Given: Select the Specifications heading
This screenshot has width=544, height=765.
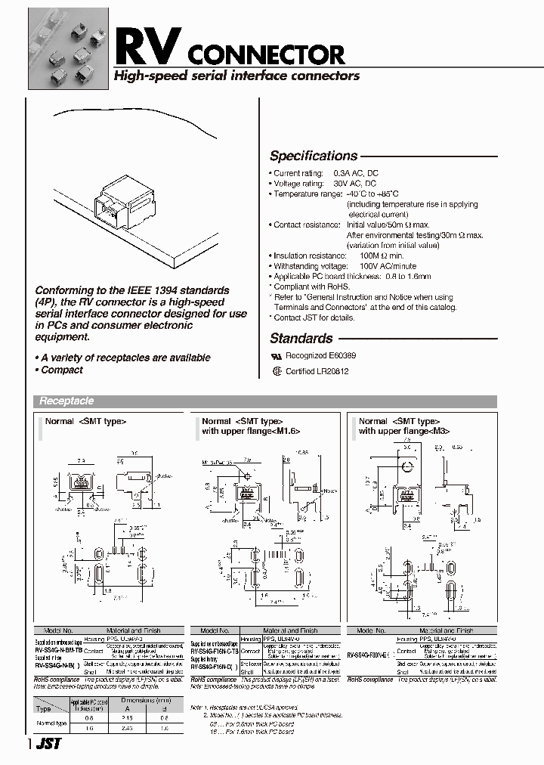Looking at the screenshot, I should pyautogui.click(x=314, y=156).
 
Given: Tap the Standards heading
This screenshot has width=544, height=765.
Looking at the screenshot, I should pyautogui.click(x=301, y=339).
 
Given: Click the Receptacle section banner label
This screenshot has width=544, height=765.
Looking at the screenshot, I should pyautogui.click(x=66, y=401).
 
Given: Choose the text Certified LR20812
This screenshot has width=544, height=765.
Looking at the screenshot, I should pyautogui.click(x=321, y=372).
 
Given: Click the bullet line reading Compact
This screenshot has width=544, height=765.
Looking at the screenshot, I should pyautogui.click(x=61, y=370).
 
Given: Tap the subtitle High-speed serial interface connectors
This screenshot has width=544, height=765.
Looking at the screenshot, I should pyautogui.click(x=236, y=76).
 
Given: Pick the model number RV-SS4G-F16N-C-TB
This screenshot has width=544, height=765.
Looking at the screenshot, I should pyautogui.click(x=215, y=650).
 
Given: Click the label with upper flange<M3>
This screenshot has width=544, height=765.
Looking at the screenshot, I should pyautogui.click(x=404, y=431).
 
